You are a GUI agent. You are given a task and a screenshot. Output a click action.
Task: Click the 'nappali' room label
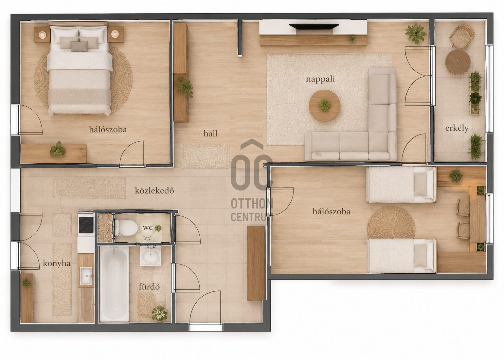[320, 79]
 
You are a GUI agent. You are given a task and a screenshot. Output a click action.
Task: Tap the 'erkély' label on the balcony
[457, 128]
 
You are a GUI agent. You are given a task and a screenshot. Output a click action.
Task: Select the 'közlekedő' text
[154, 191]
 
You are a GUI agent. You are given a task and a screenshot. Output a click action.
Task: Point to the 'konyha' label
[57, 263]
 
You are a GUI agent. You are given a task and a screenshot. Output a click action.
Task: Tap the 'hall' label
[210, 133]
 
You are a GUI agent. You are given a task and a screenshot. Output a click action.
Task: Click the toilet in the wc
[126, 228]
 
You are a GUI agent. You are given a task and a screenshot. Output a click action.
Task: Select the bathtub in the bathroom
[114, 284]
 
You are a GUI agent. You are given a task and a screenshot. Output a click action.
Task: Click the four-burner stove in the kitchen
[86, 225]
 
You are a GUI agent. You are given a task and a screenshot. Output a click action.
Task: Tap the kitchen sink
[86, 276]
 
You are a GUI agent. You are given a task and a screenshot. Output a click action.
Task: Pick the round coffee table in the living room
[324, 105]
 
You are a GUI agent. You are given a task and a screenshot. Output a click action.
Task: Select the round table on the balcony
[458, 62]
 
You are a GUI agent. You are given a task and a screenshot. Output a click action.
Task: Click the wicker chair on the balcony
[462, 36]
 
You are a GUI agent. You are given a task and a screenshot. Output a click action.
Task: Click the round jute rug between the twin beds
[391, 223]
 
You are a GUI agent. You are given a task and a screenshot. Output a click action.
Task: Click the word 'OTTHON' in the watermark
[252, 204]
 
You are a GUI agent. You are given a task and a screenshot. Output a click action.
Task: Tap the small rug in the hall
[205, 156]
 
